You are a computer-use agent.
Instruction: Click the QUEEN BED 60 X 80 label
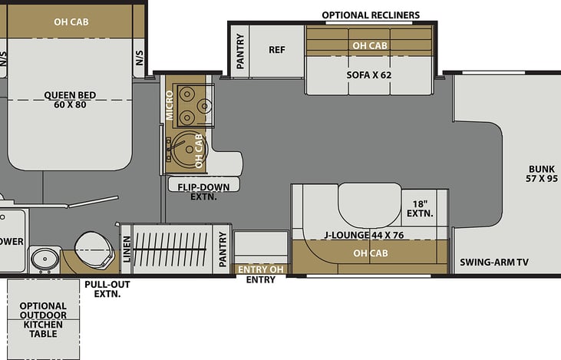pyautogui.click(x=70, y=101)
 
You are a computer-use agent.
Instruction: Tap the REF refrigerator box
pyautogui.click(x=276, y=50)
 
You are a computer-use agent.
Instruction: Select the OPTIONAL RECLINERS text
pyautogui.click(x=371, y=15)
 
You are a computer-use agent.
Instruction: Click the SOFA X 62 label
pyautogui.click(x=370, y=75)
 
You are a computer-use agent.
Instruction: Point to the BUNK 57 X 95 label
pyautogui.click(x=541, y=174)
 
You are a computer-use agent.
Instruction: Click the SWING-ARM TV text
pyautogui.click(x=494, y=263)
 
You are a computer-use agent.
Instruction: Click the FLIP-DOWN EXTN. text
pyautogui.click(x=204, y=190)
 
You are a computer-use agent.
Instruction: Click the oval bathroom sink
pyautogui.click(x=45, y=258)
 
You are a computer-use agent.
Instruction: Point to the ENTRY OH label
pyautogui.click(x=261, y=269)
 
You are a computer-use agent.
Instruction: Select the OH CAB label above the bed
pyautogui.click(x=71, y=21)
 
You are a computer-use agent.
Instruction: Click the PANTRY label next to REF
pyautogui.click(x=240, y=51)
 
